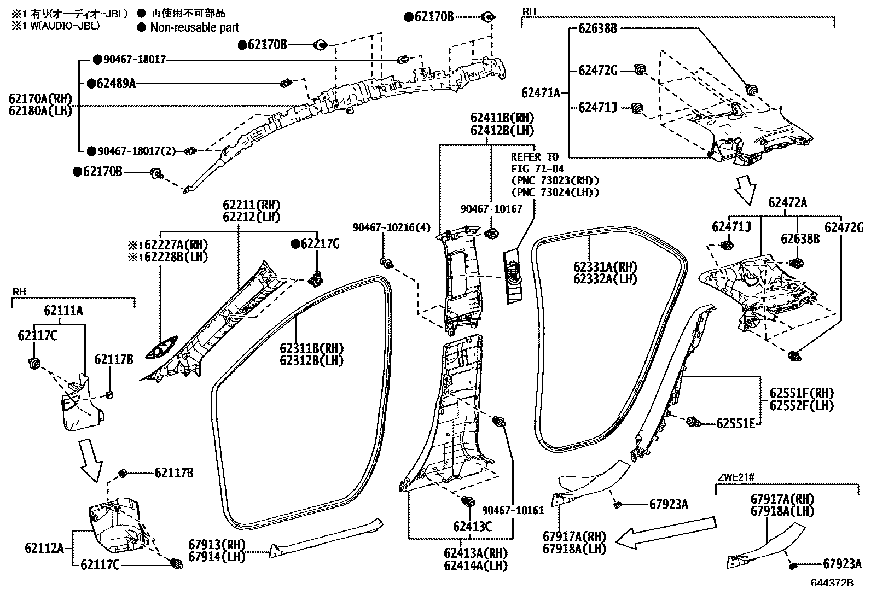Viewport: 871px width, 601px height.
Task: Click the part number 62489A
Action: click(115, 83)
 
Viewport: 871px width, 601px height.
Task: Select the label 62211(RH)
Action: click(251, 205)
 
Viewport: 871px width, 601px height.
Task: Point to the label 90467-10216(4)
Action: click(392, 227)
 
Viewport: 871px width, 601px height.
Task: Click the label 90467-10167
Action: click(491, 208)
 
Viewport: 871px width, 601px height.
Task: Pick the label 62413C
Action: click(472, 526)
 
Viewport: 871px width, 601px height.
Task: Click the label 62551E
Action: click(736, 423)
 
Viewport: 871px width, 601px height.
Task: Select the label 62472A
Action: click(787, 202)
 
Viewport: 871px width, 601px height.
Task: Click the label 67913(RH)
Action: click(217, 545)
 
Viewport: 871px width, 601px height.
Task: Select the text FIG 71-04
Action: click(537, 168)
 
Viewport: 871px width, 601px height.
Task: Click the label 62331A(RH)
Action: click(605, 266)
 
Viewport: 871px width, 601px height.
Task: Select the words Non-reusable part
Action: click(194, 27)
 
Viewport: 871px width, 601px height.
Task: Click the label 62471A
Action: click(541, 93)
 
